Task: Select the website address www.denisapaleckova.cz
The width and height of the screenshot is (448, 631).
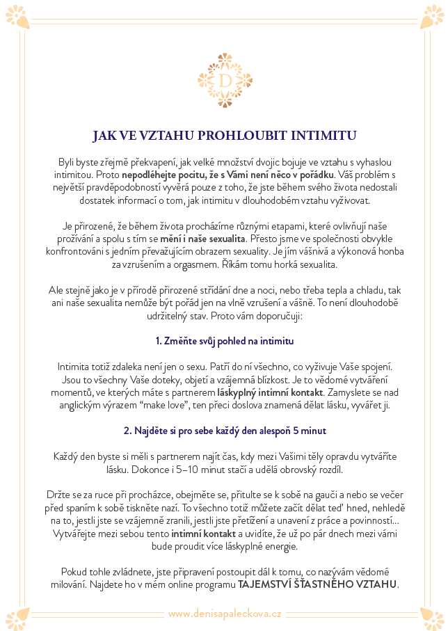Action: point(224,614)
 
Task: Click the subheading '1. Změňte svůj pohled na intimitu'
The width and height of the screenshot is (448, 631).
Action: point(224,341)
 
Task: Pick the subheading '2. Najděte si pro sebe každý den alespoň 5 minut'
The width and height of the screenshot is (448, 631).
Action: point(224,431)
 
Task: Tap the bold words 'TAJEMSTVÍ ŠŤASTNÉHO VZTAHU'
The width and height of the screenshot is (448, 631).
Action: point(317,584)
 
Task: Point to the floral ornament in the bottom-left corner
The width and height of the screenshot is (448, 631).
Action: point(16,616)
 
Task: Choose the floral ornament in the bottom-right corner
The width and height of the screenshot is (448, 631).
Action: point(432,616)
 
